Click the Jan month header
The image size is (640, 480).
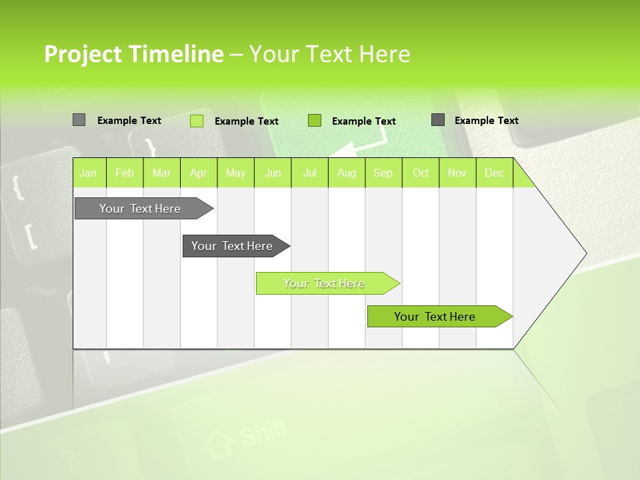(89, 173)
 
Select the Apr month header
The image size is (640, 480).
(199, 173)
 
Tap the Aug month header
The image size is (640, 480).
(346, 173)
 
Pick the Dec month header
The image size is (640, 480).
(494, 173)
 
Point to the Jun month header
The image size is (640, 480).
(273, 173)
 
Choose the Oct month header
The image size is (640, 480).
(421, 173)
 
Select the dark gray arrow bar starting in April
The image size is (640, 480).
(233, 246)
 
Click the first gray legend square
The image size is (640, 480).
(79, 120)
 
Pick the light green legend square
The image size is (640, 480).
(197, 121)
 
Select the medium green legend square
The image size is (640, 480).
(315, 121)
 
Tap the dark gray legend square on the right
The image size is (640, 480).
(438, 120)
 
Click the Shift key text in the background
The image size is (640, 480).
(263, 433)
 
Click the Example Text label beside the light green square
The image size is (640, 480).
(246, 121)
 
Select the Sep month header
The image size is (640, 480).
(383, 173)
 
